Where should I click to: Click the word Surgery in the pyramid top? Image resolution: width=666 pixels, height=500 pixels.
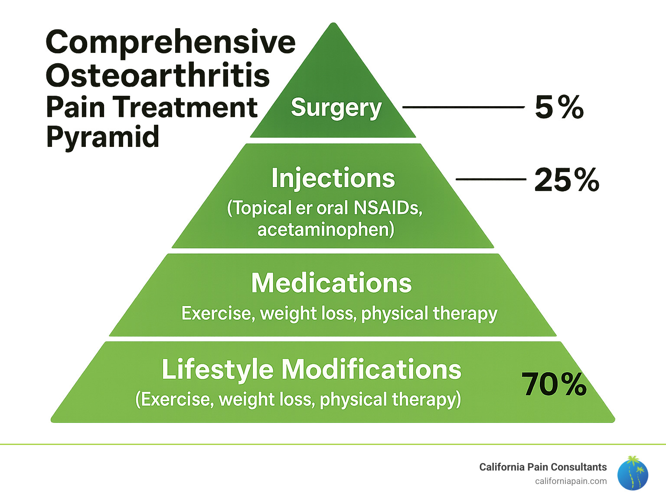tap(336, 108)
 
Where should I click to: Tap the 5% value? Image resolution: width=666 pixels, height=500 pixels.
tap(559, 107)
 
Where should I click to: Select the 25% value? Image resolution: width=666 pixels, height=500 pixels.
tap(566, 180)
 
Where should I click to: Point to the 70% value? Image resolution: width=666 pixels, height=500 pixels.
tap(554, 384)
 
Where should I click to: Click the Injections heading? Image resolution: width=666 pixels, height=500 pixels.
tap(333, 178)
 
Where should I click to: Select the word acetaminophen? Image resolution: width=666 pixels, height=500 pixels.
tap(326, 229)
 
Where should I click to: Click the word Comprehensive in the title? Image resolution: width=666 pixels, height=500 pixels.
tap(170, 42)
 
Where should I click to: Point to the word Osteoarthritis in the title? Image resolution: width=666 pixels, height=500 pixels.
tap(158, 75)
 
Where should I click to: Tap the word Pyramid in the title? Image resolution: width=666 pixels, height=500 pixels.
tap(103, 137)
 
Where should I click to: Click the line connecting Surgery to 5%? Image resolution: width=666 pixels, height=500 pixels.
tap(463, 107)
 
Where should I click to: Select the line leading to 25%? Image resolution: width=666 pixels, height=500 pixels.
tap(490, 179)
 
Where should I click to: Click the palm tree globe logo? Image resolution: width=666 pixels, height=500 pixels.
tap(633, 474)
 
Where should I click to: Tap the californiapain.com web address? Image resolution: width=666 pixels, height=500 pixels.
tap(571, 481)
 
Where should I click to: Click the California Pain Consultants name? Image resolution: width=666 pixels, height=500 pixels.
tap(543, 467)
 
